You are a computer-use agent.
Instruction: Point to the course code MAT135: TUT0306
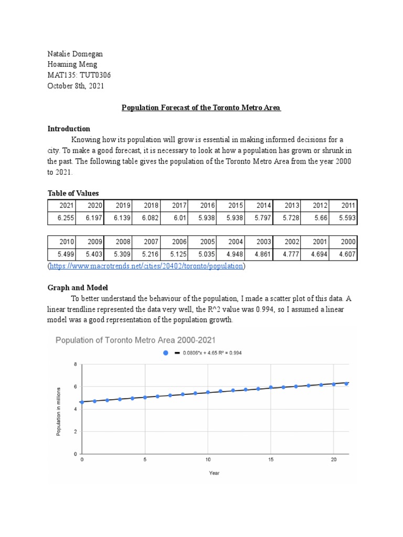tap(79, 76)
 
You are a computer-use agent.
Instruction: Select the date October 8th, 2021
tap(76, 86)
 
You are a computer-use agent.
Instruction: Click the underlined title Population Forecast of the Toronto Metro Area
tap(201, 108)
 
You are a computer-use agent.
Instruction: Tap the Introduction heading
tap(69, 128)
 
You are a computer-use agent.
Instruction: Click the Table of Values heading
tap(73, 193)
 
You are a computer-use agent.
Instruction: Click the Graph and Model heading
tap(78, 287)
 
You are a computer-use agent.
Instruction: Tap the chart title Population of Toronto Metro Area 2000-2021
tap(136, 340)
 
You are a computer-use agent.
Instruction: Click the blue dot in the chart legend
tap(166, 353)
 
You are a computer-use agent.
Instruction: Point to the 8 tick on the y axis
tap(75, 364)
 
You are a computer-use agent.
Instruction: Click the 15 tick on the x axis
tap(270, 459)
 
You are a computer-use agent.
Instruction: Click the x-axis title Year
tap(214, 473)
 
